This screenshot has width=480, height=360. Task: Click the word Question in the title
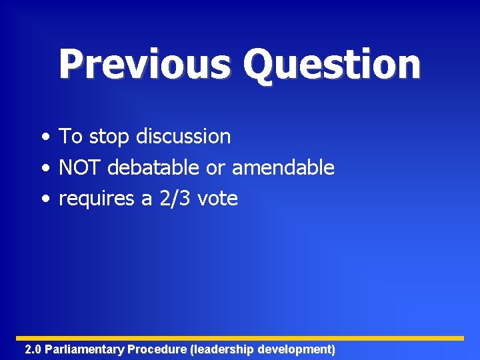pos(331,65)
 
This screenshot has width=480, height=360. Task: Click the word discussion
pos(183,137)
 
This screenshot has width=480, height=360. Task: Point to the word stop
pos(110,137)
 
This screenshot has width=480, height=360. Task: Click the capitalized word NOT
pos(80,167)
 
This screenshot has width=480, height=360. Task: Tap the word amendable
pos(283,167)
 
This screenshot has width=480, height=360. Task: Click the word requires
pos(97,199)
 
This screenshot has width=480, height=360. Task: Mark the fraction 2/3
pos(173,198)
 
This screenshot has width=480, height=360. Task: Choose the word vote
pos(217,199)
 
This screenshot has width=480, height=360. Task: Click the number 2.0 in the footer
pos(33,349)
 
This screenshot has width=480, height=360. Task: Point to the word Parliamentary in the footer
pos(85,349)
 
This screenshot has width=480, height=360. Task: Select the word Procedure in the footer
pos(157,349)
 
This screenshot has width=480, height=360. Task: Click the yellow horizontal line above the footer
pos(240,338)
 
